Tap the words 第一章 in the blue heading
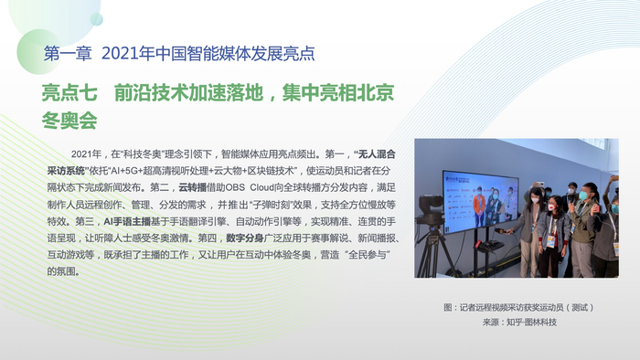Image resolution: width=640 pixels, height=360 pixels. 68,54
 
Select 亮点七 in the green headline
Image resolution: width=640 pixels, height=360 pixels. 69,93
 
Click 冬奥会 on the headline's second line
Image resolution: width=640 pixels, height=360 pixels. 69,121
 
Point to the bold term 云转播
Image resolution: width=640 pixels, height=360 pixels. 192,187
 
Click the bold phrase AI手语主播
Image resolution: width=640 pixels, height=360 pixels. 127,221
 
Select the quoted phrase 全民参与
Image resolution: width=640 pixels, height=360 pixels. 368,255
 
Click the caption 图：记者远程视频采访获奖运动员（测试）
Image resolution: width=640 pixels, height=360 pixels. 518,307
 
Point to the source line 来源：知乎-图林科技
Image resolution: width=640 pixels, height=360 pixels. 519,323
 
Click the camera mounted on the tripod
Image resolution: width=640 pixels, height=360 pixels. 431,207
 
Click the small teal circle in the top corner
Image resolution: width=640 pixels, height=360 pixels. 97,19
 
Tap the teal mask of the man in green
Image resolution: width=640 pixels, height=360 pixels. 583,195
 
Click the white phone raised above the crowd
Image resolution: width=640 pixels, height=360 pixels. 540,184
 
